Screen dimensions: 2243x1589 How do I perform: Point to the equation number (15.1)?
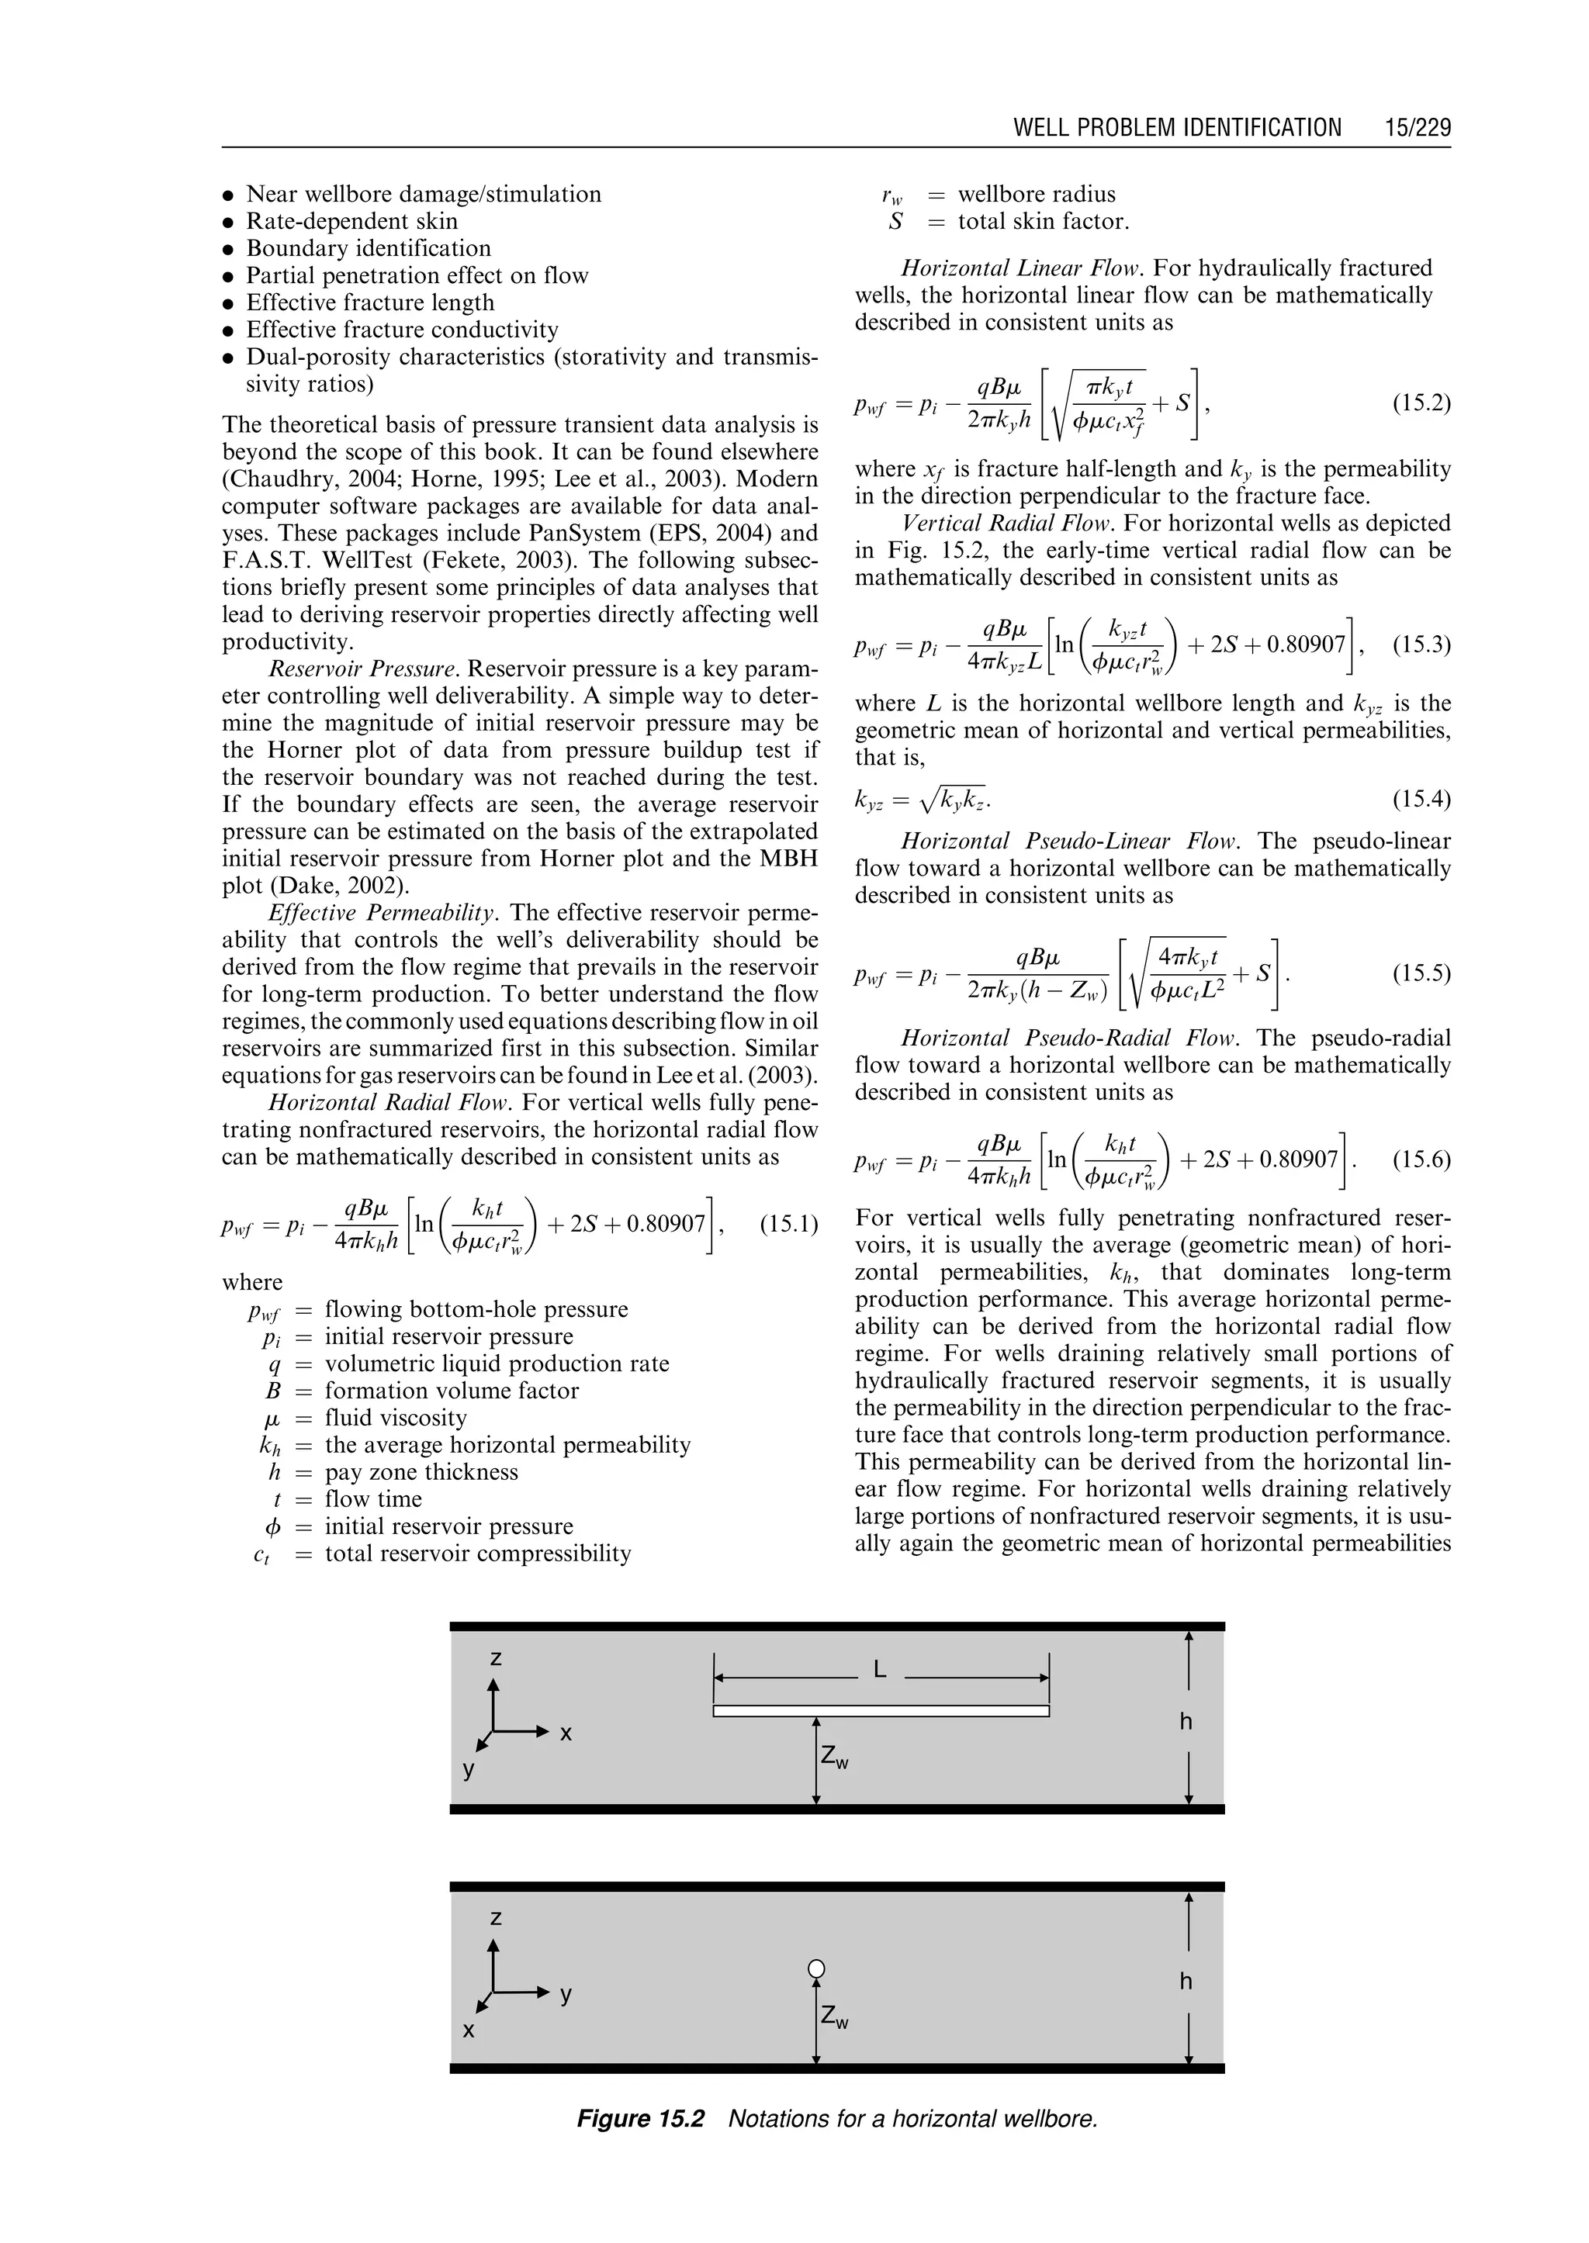[x=788, y=1224]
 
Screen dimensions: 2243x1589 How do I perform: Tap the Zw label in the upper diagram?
[x=833, y=1757]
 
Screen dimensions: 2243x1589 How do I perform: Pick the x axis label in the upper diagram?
[x=566, y=1733]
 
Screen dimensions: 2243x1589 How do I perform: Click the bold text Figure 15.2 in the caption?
[x=640, y=2119]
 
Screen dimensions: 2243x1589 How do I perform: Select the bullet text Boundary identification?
[x=368, y=248]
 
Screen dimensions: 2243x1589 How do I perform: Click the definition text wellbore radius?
[x=1036, y=194]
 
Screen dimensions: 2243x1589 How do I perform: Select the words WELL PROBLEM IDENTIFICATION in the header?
[x=1177, y=127]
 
